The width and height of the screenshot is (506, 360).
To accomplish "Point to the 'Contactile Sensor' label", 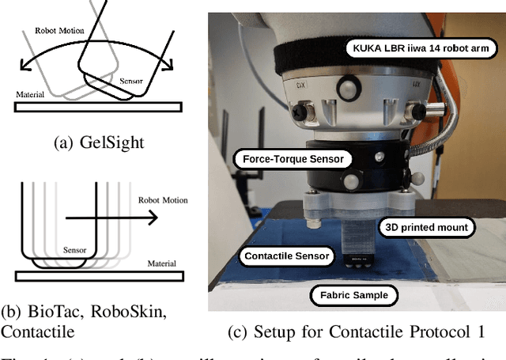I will pyautogui.click(x=286, y=256).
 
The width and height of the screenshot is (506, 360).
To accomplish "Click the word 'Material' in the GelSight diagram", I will pyautogui.click(x=30, y=94).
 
